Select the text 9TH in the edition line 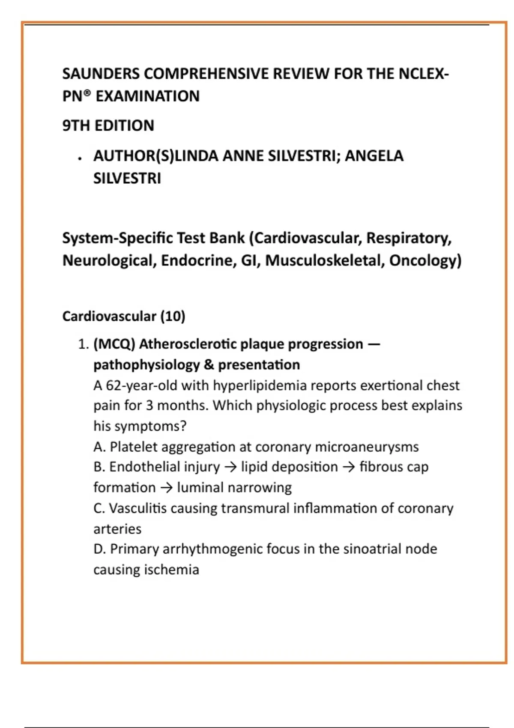coord(76,126)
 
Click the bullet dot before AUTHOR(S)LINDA coord(80,159)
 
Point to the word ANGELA coord(374,156)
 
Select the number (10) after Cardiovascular coord(173,316)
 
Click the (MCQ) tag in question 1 coord(114,344)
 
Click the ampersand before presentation coord(209,365)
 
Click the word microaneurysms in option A coord(367,447)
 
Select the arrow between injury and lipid coord(230,467)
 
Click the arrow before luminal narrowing coord(166,488)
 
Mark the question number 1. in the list coord(83,344)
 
